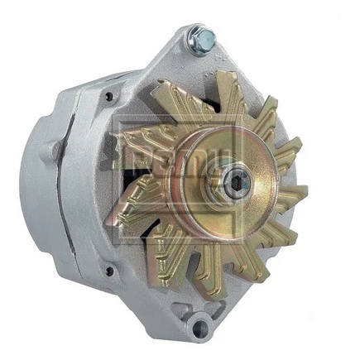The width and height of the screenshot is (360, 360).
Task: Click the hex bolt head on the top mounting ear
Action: click(200, 36)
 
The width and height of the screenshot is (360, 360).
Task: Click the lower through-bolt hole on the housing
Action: click(108, 270)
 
